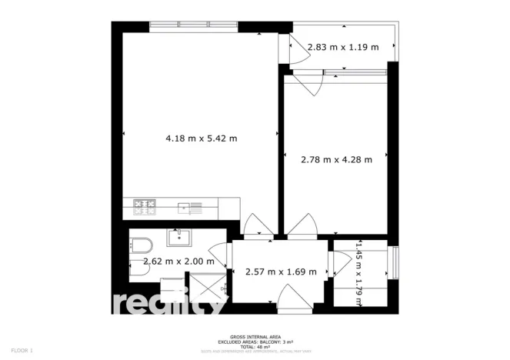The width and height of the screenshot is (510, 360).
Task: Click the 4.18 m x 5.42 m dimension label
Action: click(202, 138)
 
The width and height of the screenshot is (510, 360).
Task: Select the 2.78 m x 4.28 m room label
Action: click(336, 160)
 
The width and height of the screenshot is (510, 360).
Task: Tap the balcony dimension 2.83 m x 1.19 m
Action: click(343, 48)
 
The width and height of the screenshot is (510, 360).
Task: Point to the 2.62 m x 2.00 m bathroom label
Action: click(178, 262)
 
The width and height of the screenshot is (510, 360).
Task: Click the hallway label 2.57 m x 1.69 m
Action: click(281, 272)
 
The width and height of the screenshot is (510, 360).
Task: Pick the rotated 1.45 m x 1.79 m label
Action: click(358, 272)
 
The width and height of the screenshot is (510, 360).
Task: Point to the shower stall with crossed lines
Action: click(205, 290)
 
